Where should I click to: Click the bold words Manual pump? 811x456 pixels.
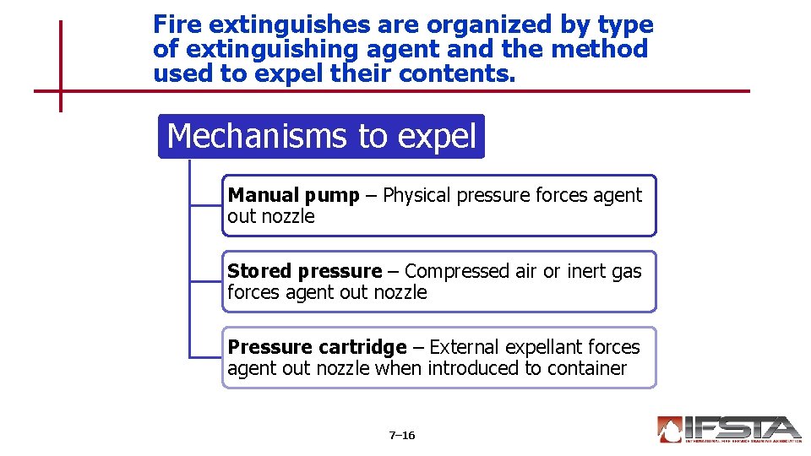(293, 195)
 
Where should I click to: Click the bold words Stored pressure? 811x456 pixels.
(304, 271)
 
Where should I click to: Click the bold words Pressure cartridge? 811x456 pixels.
(317, 347)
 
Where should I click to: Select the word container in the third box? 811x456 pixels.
(587, 368)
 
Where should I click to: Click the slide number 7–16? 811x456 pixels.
(402, 436)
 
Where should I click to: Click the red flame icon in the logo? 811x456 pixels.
(669, 430)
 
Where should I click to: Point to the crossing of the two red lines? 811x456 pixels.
(61, 90)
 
